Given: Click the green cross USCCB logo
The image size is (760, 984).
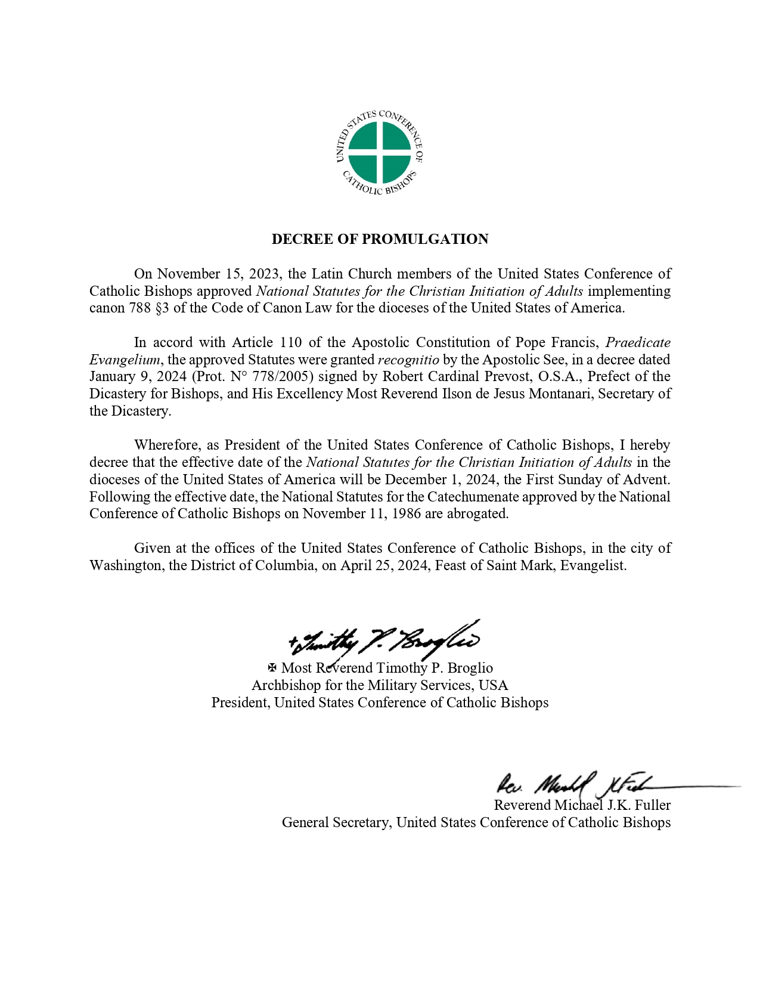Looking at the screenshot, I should pos(380,153).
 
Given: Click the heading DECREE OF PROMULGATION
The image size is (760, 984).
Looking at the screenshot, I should pos(380,239).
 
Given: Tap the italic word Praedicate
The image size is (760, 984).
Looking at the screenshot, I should pos(638,342).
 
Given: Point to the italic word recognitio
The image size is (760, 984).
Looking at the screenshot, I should pos(408,360).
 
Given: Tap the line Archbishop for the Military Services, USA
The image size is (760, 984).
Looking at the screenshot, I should pos(380,685).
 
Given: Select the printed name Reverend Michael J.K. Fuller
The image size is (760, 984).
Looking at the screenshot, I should pos(582,806).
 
